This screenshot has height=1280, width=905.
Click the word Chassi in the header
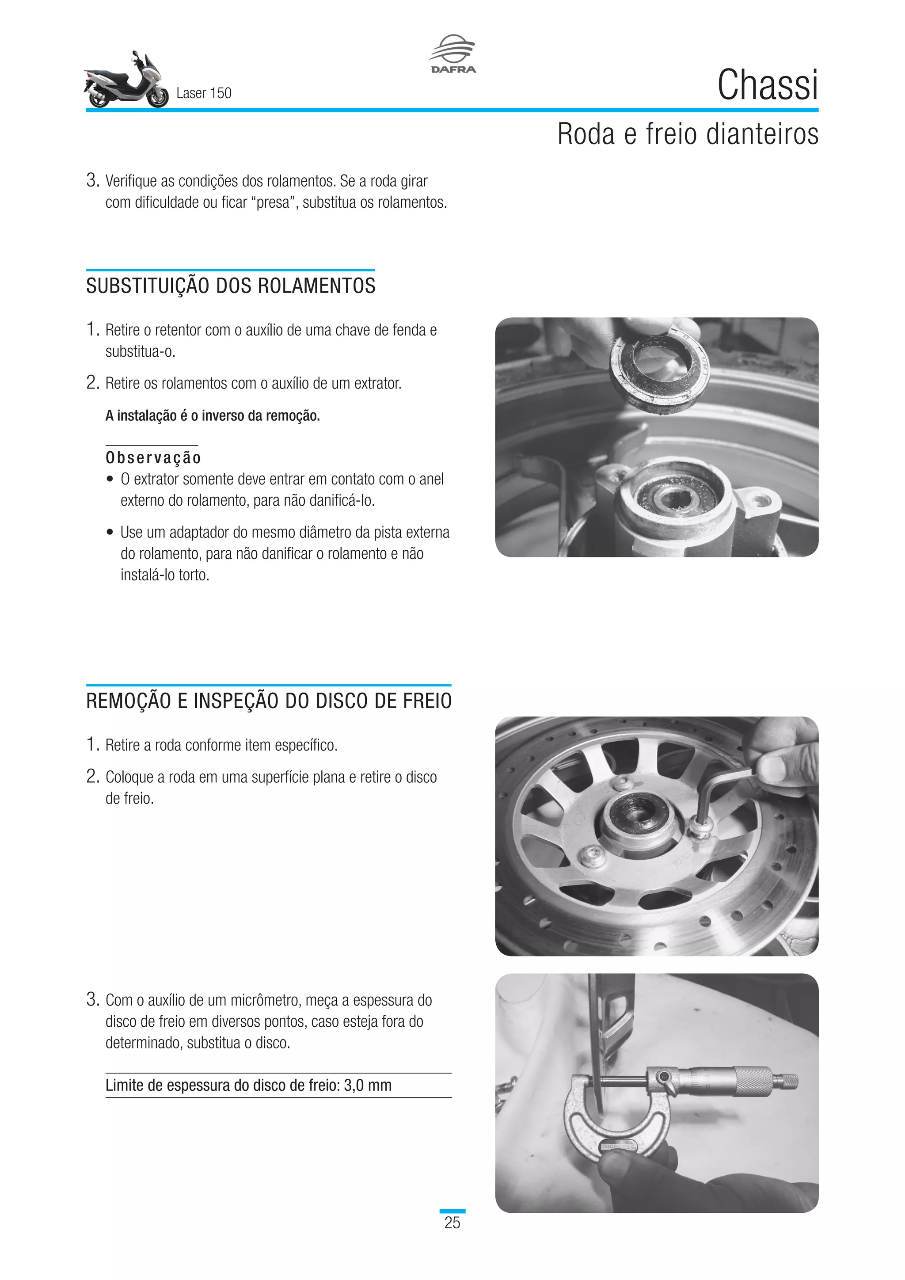(768, 85)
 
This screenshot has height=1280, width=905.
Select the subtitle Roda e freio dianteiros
(688, 134)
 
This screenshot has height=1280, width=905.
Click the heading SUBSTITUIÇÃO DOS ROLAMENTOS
(231, 286)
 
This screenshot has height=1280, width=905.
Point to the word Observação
(153, 458)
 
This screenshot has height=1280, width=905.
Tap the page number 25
(452, 1223)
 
